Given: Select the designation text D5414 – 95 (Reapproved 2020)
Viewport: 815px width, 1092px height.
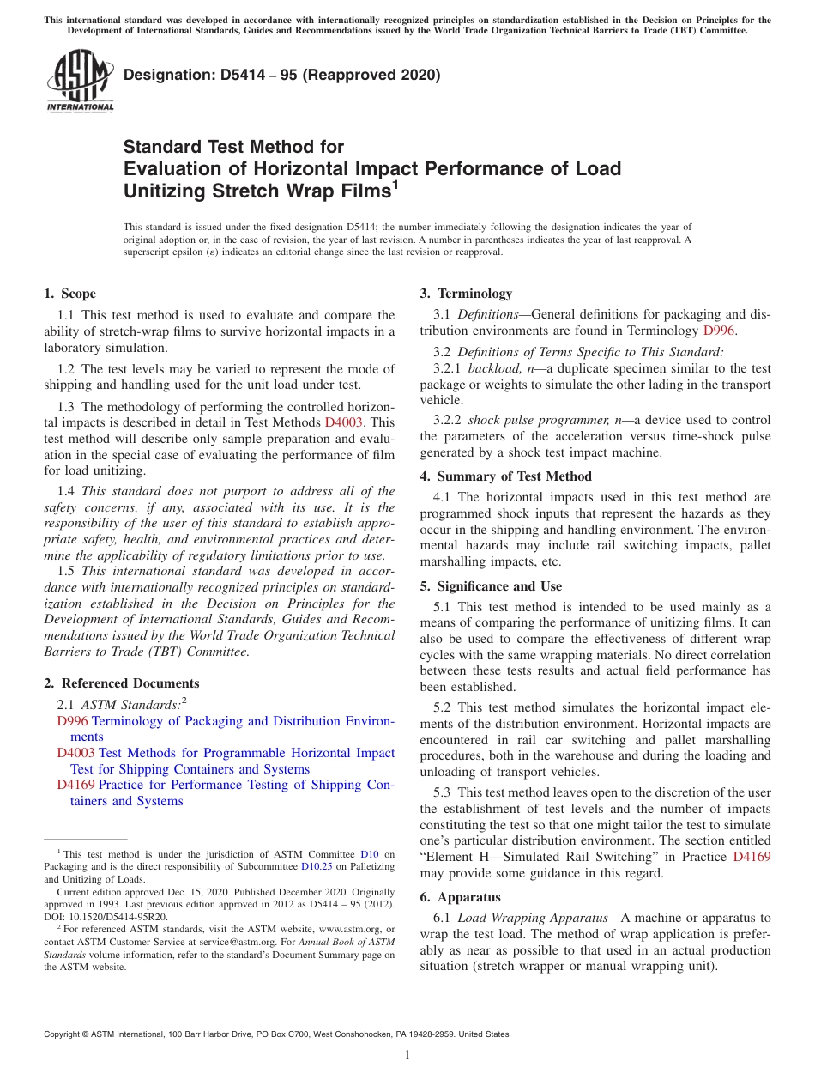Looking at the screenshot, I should pos(281,75).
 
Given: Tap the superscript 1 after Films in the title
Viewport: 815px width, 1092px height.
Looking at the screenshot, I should pos(395,183).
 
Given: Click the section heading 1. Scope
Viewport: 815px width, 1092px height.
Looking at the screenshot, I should pos(69,294).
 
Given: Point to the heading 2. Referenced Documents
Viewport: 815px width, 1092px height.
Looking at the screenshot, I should pos(121,683).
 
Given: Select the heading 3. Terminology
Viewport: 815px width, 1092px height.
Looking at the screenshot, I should pos(466,294).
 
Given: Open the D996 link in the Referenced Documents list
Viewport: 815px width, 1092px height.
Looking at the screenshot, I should pos(72,721).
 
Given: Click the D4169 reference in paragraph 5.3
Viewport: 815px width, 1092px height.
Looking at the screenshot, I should pos(752,857).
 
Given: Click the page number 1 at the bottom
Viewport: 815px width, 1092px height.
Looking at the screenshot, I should pos(407,1054).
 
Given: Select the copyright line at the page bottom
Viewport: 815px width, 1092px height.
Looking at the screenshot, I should pos(276,1034).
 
